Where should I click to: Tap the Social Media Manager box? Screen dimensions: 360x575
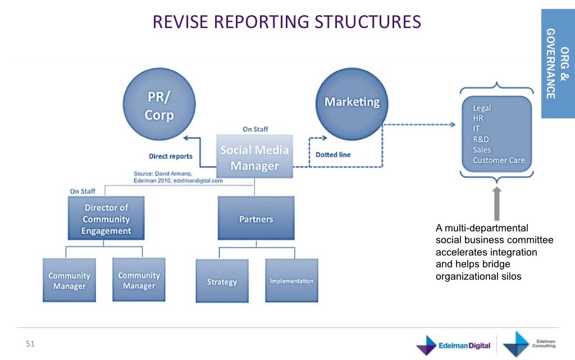pos(254,158)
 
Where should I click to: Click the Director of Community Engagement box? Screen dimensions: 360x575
pos(106,219)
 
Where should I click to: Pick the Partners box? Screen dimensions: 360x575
pos(255,218)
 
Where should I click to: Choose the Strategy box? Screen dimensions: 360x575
pos(222,281)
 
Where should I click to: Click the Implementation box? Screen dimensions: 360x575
pos(291,280)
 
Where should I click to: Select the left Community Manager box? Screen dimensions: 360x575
pos(69,281)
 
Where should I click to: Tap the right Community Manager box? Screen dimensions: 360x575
pos(139,280)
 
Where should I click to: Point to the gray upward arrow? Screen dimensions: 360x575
pos(496,204)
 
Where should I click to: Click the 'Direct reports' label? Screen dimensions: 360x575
pos(170,156)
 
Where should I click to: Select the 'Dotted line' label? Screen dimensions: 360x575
pos(333,154)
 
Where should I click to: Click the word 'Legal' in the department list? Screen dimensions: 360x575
pos(482,108)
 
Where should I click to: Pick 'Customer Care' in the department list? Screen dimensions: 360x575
pos(499,160)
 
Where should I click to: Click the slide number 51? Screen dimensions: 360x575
pos(30,344)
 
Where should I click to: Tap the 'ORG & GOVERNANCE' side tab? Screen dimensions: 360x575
pos(557,63)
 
